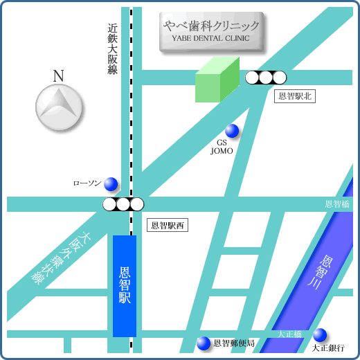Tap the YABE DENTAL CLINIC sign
(x=212, y=31)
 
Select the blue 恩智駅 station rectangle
(x=125, y=285)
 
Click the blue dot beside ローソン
(x=111, y=184)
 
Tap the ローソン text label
(x=87, y=184)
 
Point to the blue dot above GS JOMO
(x=232, y=130)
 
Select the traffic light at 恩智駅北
(x=266, y=78)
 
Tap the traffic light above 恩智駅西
(x=123, y=204)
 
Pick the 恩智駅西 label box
(x=168, y=226)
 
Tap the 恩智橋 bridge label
(x=338, y=204)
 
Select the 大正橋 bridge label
(x=290, y=334)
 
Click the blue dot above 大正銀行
(x=319, y=334)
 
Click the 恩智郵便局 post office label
(x=234, y=343)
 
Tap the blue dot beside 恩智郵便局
(x=204, y=343)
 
